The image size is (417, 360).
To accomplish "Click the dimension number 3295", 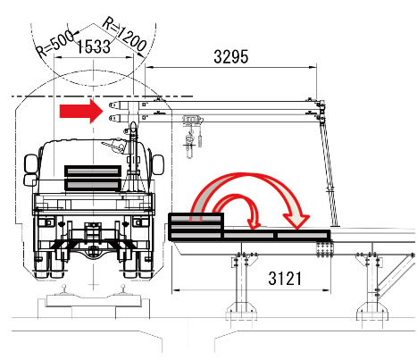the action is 230,56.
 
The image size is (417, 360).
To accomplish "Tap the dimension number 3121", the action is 285,279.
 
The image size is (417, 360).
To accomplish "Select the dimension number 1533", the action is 94,46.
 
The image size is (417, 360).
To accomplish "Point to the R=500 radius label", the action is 55,44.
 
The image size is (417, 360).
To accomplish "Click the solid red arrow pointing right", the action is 81,111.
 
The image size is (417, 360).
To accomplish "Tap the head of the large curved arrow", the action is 296,221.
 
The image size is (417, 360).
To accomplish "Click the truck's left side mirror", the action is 30,170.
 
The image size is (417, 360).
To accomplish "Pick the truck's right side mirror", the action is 158,164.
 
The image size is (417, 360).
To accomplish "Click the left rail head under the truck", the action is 63,288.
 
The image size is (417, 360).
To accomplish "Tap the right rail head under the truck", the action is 123,288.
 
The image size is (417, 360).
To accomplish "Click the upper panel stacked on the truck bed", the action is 93,172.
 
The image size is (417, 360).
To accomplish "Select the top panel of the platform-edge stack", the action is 196,219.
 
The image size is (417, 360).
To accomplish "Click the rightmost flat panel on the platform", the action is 303,235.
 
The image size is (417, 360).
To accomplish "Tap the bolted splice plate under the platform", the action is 324,249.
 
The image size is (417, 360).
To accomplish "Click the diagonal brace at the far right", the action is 394,275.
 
